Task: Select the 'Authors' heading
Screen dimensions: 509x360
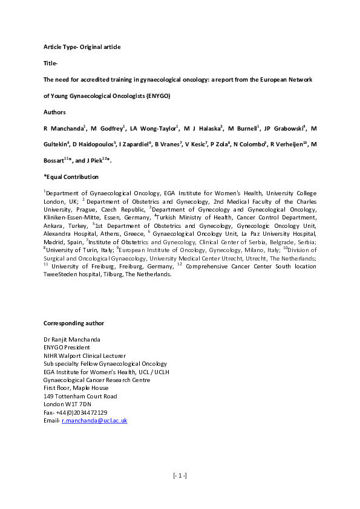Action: click(55, 112)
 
